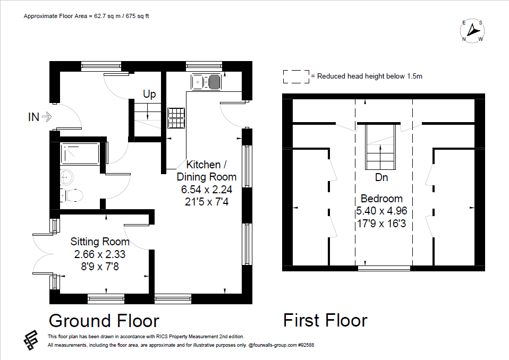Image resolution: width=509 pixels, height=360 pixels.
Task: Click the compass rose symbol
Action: click(472, 31)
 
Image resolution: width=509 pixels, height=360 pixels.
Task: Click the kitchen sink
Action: click(207, 82)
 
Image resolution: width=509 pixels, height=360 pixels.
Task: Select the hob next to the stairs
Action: click(176, 118)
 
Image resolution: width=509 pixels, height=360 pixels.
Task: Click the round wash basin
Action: click(67, 176)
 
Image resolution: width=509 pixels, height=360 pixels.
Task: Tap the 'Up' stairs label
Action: click(149, 95)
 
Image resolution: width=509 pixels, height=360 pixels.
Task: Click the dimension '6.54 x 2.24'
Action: click(206, 189)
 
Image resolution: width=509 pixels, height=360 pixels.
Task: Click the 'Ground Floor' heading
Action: click(104, 321)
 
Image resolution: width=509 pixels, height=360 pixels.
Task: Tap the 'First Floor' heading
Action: click(325, 321)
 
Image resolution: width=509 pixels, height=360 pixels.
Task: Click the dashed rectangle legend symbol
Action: click(296, 76)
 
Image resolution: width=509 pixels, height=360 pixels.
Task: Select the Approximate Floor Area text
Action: click(86, 16)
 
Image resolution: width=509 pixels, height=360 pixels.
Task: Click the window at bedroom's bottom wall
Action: click(384, 269)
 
